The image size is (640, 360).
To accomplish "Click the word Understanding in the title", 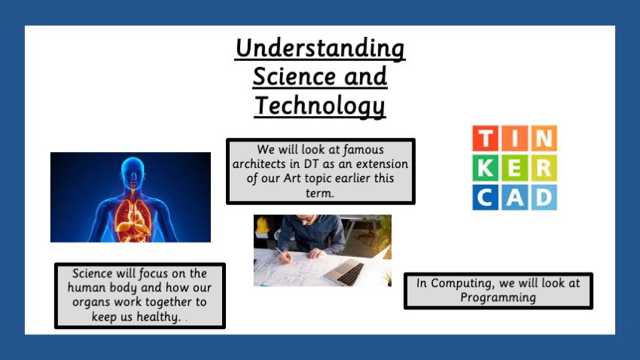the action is click(x=320, y=48).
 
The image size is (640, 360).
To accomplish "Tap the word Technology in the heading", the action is click(x=320, y=105).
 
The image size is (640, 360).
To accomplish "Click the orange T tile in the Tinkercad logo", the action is click(x=486, y=138).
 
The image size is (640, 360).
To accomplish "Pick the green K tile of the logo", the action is click(x=486, y=168).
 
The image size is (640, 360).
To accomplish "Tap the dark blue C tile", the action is click(x=486, y=197).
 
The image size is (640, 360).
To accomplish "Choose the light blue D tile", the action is click(x=544, y=197).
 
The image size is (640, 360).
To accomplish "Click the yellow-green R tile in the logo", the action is click(x=544, y=168).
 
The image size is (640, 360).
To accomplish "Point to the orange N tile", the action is click(x=544, y=138).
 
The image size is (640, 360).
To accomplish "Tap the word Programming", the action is click(x=498, y=297).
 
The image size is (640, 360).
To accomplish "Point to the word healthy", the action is click(x=158, y=316).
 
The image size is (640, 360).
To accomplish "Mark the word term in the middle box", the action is click(x=319, y=193).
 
